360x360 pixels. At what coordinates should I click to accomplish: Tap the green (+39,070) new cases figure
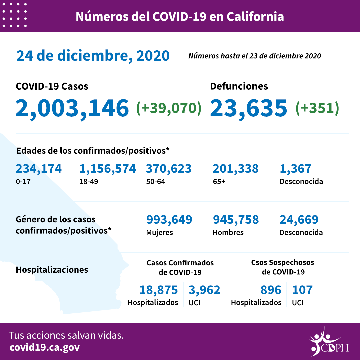click(169, 108)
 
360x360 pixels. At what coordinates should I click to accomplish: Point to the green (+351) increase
click(317, 108)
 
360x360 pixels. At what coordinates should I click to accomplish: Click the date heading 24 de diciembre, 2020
click(93, 56)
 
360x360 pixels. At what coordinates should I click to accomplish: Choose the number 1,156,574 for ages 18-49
click(107, 169)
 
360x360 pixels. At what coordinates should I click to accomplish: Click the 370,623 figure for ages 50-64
click(169, 169)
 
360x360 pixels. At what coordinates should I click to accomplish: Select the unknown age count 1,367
click(295, 169)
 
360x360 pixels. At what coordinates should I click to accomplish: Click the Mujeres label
click(159, 232)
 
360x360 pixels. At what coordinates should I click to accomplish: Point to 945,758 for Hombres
click(235, 220)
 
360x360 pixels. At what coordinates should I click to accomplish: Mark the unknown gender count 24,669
click(299, 220)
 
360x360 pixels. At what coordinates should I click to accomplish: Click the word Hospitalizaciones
click(52, 270)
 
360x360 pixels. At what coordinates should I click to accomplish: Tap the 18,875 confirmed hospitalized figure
click(158, 290)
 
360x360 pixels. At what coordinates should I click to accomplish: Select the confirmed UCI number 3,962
click(204, 290)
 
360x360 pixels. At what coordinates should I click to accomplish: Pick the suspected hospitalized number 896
click(271, 290)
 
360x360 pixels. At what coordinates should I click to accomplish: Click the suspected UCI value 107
click(302, 290)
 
